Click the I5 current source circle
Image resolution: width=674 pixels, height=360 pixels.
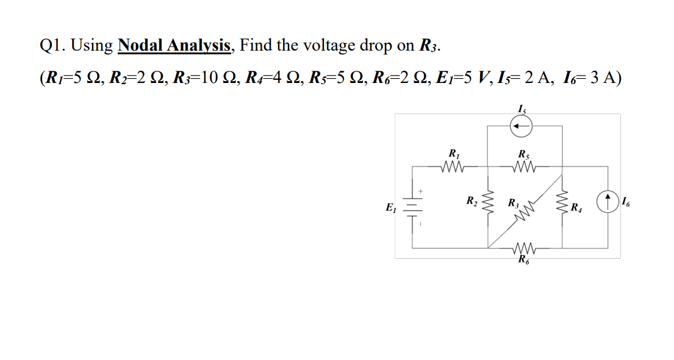pos(521,126)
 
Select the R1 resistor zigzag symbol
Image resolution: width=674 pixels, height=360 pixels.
pos(453,165)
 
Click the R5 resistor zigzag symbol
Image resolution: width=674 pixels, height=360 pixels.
pos(523,165)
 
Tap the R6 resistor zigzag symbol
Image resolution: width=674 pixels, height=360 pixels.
pos(523,248)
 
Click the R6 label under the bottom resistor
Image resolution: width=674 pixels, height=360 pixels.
pos(523,262)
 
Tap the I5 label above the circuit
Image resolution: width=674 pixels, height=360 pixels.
pos(521,109)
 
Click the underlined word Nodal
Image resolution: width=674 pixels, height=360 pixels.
pos(141,46)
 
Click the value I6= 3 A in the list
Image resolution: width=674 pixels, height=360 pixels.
pos(591,79)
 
